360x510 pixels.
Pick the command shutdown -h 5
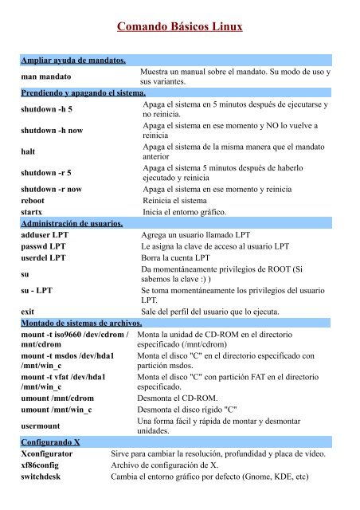tap(47, 109)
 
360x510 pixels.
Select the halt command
tap(29, 152)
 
